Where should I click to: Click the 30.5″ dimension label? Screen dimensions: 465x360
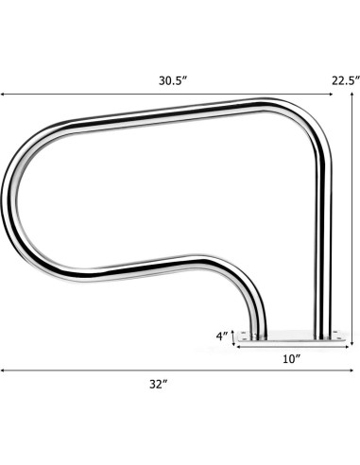(173, 81)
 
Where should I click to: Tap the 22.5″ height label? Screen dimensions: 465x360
(345, 80)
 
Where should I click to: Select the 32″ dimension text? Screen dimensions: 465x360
(158, 384)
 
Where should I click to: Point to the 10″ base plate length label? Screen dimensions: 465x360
(291, 358)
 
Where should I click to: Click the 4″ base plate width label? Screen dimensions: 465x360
(222, 335)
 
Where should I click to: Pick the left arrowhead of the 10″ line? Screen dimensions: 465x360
(236, 347)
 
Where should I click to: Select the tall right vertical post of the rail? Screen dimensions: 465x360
(325, 246)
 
